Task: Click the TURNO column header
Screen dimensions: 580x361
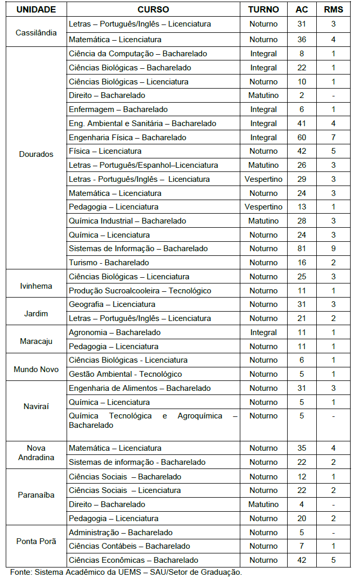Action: pos(263,9)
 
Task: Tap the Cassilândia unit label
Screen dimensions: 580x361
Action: pos(36,32)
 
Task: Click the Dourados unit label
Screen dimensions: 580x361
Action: pos(36,154)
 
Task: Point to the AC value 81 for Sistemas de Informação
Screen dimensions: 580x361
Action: pos(302,249)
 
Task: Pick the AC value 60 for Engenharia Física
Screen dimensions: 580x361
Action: pos(302,138)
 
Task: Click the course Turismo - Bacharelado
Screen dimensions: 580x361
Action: pos(109,263)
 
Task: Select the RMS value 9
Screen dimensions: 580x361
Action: pos(333,249)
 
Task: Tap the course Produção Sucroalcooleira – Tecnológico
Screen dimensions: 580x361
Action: pos(140,291)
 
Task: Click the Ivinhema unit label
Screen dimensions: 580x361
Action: pos(36,286)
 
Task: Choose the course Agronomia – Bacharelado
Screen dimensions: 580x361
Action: pos(114,332)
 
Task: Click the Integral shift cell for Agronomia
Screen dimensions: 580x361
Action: pos(263,332)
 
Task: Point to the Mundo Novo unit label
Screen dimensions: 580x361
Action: pos(36,369)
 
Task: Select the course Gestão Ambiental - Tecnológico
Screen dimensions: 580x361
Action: pos(125,374)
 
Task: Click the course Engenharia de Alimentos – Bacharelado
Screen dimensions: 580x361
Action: pos(139,388)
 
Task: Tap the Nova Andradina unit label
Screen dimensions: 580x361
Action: pos(36,452)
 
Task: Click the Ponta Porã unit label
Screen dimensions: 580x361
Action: pos(36,541)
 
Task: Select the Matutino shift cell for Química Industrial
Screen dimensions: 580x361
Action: pos(263,221)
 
